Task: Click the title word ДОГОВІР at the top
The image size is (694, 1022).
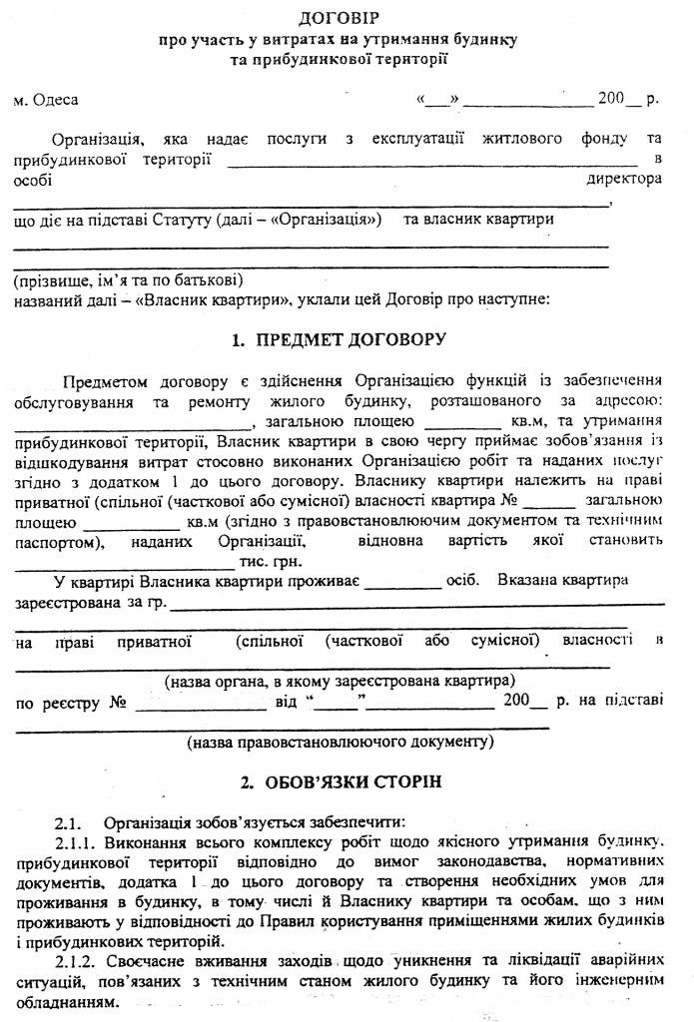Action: pyautogui.click(x=347, y=19)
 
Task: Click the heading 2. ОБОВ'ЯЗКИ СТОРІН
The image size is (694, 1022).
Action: pyautogui.click(x=347, y=778)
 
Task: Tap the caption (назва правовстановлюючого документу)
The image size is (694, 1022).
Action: pyautogui.click(x=339, y=743)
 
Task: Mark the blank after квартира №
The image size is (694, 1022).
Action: pyautogui.click(x=548, y=500)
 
